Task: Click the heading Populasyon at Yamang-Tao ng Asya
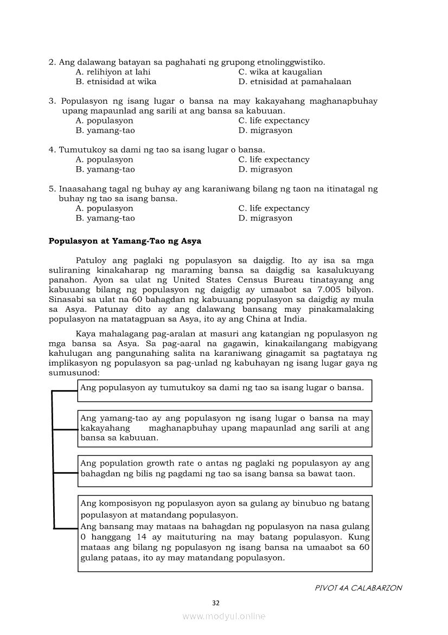(x=125, y=241)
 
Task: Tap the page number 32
(x=216, y=602)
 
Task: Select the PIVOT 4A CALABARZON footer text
(x=358, y=588)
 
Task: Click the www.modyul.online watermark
(x=224, y=616)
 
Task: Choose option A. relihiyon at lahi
(x=113, y=72)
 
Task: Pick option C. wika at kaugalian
(x=280, y=72)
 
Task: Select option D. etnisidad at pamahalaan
(x=295, y=81)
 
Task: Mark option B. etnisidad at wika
(x=116, y=81)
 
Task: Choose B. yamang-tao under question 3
(x=105, y=130)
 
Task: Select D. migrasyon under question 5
(x=265, y=218)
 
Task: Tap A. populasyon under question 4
(x=104, y=160)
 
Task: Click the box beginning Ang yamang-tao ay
(x=225, y=428)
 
